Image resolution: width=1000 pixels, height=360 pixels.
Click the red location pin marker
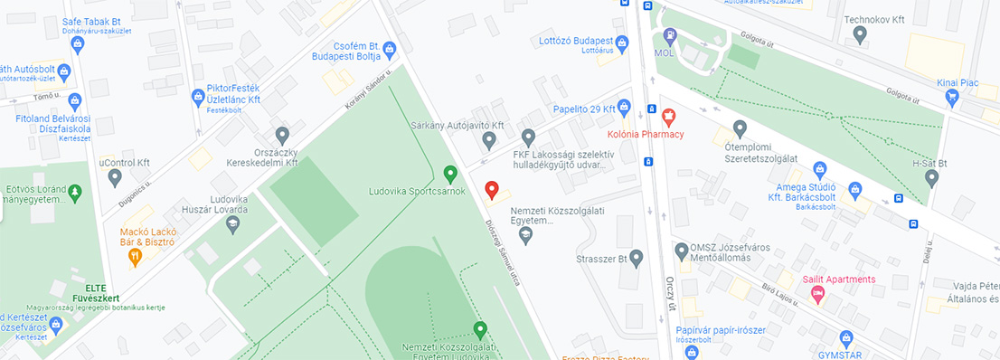(492, 190)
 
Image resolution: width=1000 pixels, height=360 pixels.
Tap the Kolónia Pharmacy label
(645, 135)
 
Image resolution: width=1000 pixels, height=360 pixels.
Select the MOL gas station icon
(669, 37)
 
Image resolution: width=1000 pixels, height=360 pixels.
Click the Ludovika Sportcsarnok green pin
(450, 173)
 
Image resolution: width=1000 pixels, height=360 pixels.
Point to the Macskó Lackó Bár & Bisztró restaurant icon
(136, 257)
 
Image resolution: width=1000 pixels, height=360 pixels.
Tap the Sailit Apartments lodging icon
(817, 295)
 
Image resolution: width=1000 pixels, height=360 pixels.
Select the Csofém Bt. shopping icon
(390, 48)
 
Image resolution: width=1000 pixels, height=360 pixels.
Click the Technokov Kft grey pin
(860, 33)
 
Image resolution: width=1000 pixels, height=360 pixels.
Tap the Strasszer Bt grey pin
(636, 259)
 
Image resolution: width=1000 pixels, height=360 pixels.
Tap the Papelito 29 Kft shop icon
(623, 109)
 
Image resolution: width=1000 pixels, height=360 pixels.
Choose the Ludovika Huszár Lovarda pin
(233, 223)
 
